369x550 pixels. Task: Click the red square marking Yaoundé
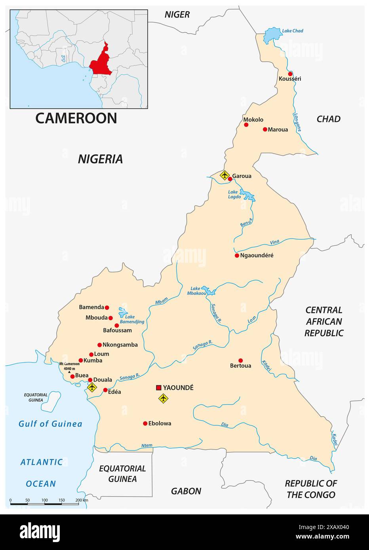pos(159,388)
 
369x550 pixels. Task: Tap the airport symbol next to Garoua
pos(224,174)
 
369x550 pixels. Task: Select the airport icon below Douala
pos(92,387)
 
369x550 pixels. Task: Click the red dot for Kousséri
pos(290,74)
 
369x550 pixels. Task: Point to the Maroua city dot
pos(265,129)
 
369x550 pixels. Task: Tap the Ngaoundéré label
pos(257,255)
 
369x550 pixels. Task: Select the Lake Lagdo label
pos(234,194)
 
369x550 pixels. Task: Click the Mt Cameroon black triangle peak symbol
pos(69,372)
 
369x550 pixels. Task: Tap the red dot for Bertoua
pos(240,360)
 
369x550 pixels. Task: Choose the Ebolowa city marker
pos(145,423)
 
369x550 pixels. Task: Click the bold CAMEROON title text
pos(76,118)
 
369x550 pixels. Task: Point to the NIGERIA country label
pos(100,159)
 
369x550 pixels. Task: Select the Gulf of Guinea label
pos(50,424)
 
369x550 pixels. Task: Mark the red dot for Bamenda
pos(107,307)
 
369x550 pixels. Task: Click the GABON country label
pos(186,491)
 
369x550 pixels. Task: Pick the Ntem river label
pos(146,446)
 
